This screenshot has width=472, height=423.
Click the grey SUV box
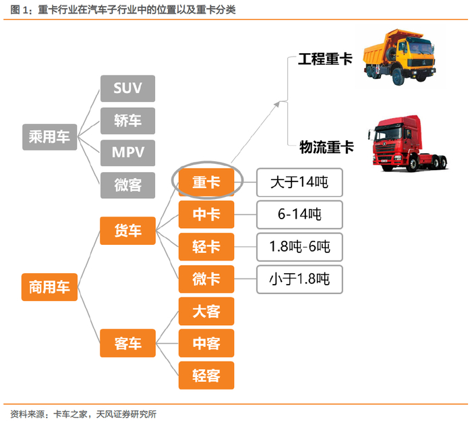127,88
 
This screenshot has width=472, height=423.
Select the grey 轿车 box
127,121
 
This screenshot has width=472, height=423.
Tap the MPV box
127,152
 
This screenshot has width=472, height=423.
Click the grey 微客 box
127,185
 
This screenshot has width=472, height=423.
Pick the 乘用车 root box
49,137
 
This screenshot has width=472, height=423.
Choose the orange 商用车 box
49,287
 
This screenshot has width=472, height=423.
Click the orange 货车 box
127,231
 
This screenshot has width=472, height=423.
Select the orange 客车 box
127,343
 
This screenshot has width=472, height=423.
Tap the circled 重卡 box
206,182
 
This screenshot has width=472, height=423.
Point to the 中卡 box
206,215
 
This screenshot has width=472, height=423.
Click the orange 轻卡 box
206,247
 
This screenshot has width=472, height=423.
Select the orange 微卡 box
206,279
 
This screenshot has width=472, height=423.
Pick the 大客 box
206,311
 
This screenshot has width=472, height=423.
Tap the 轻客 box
206,375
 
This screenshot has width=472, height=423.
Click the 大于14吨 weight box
299,182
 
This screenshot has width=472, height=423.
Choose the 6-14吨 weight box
299,215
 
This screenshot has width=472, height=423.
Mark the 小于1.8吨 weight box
299,279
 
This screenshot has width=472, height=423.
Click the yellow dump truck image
399,57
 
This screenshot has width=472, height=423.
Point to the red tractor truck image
408,144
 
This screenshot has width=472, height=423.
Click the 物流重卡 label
326,147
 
